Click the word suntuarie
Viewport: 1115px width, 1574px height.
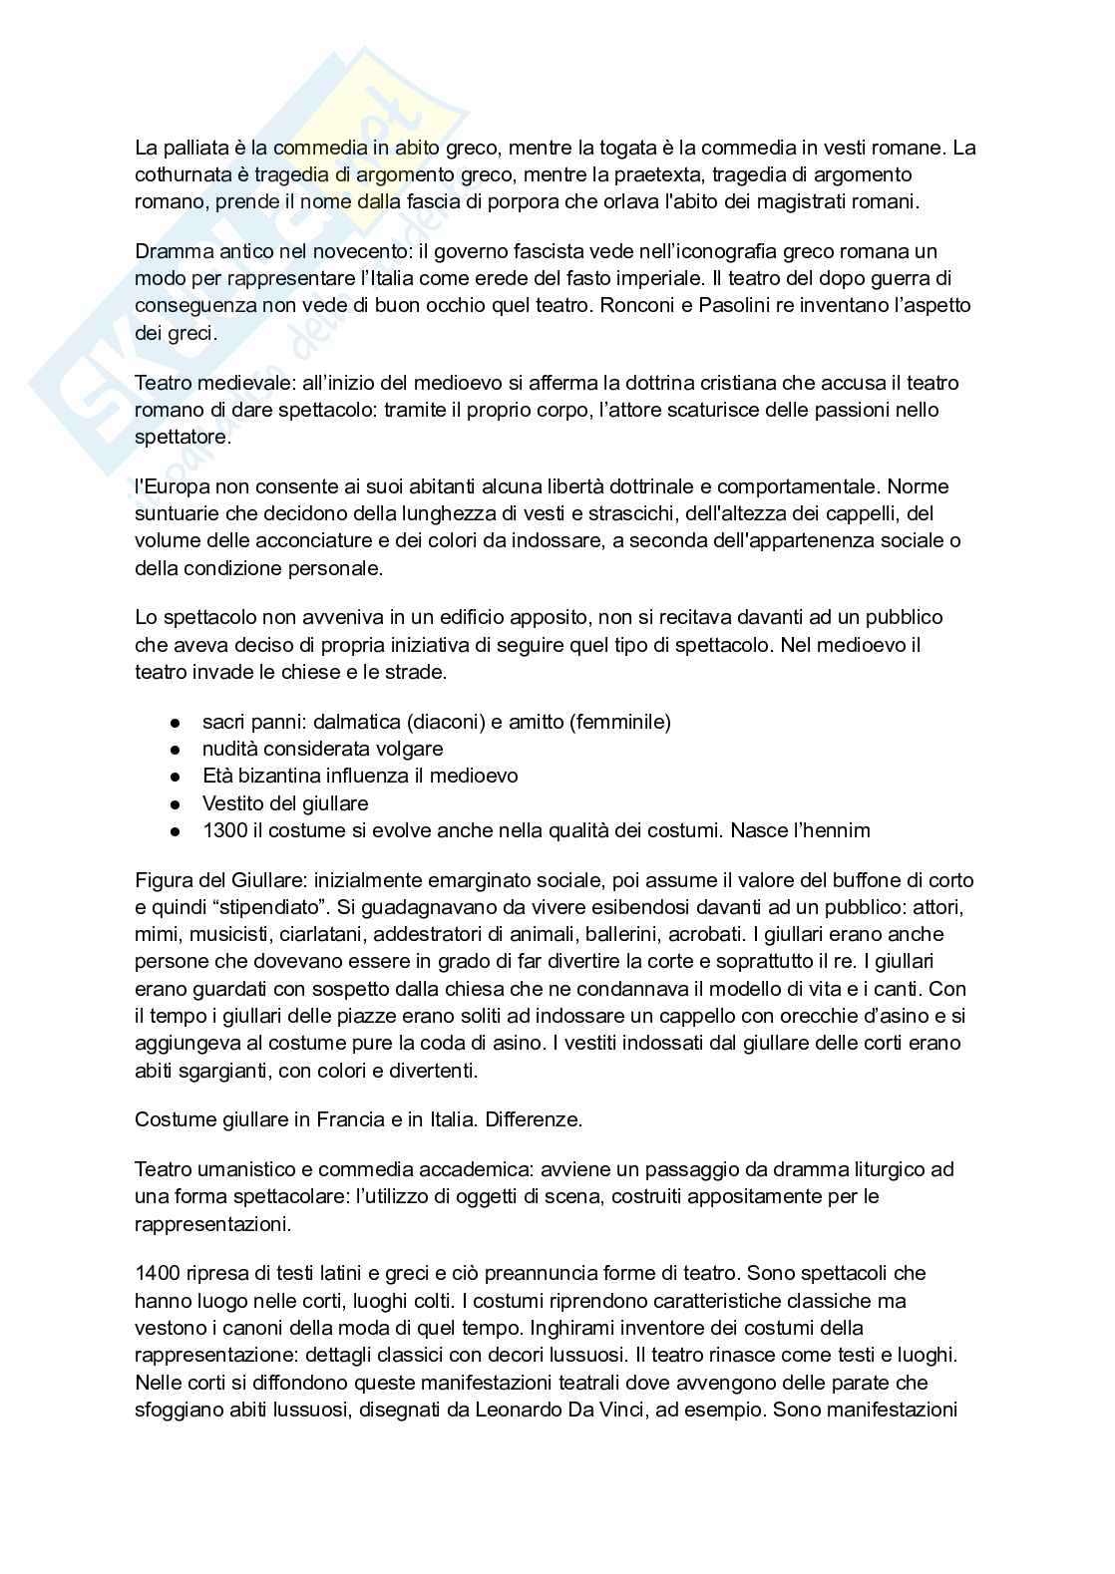(179, 514)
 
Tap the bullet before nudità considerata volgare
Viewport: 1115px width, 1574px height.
(176, 749)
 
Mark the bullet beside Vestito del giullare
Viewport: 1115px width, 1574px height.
(176, 803)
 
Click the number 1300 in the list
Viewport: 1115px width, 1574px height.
(225, 830)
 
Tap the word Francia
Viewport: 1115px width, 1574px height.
(351, 1119)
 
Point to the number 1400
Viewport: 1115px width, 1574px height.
(157, 1274)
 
